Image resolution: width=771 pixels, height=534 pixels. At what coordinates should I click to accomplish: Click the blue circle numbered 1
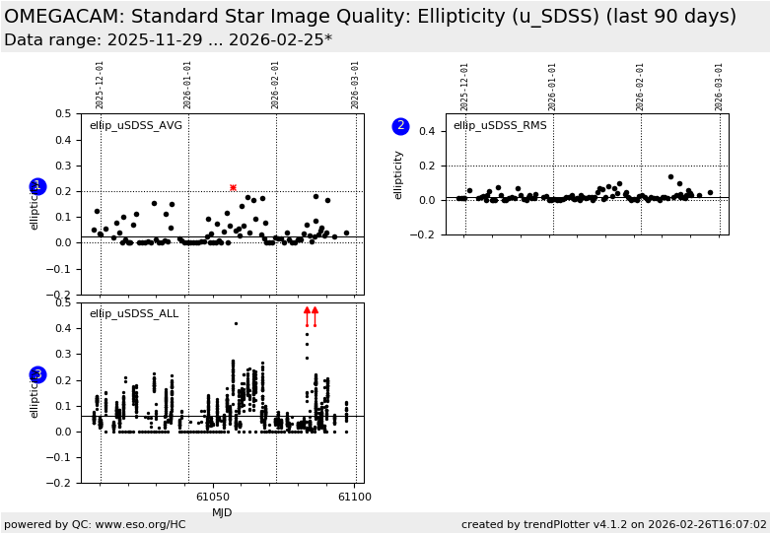[x=37, y=186]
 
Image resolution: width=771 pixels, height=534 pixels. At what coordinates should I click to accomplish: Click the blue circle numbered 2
[x=400, y=126]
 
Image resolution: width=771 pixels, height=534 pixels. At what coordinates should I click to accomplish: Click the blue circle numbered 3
[x=37, y=374]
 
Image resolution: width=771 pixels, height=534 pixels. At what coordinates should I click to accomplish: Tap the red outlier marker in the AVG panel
[x=233, y=187]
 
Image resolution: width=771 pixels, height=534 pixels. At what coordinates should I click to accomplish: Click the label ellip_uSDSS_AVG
[x=136, y=125]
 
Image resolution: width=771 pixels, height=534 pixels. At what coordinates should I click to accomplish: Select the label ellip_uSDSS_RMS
[x=500, y=125]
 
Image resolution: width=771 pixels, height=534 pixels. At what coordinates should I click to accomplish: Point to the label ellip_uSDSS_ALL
[x=134, y=313]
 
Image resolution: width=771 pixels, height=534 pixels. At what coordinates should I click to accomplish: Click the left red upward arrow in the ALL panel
[x=307, y=313]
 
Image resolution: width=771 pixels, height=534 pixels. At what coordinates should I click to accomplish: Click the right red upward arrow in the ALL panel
[x=315, y=313]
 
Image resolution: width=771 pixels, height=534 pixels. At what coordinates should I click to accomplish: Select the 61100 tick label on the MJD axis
[x=354, y=498]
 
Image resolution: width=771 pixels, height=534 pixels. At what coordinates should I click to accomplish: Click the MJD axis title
[x=222, y=512]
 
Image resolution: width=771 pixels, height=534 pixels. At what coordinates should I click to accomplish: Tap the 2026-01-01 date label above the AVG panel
[x=188, y=85]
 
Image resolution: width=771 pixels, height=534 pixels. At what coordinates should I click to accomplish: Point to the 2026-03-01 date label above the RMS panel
[x=720, y=85]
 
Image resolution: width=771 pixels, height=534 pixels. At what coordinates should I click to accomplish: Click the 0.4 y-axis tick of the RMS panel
[x=427, y=131]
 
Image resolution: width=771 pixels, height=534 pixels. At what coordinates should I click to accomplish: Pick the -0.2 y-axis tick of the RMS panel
[x=424, y=234]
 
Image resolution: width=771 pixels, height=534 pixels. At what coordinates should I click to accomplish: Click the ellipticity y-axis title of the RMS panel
[x=399, y=174]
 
